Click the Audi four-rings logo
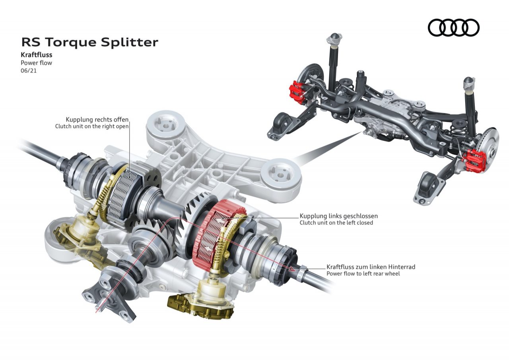pos(454,28)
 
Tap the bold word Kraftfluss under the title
pos(36,55)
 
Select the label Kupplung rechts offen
pos(97,119)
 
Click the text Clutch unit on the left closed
pos(336,223)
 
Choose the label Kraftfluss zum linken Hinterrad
pos(371,267)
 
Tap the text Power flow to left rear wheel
pos(363,274)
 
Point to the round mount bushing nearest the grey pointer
pos(283,175)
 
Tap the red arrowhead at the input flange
pos(98,307)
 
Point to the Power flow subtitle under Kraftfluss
pos(36,63)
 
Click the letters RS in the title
pos(31,42)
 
